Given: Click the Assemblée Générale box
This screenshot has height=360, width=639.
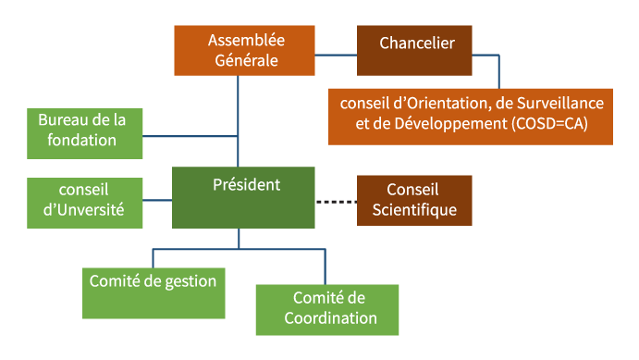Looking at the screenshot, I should [x=245, y=51].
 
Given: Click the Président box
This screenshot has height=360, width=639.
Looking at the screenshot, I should [x=243, y=197].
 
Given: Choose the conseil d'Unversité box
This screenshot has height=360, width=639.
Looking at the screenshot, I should [x=84, y=201].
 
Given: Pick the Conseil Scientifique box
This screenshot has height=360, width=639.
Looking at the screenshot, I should [x=414, y=200].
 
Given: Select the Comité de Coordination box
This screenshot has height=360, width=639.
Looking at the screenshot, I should [x=326, y=309].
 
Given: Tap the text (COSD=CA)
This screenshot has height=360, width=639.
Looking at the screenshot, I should [x=549, y=123].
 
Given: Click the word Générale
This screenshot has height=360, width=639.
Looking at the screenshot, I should [x=246, y=61].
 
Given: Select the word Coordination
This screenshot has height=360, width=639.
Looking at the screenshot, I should [x=329, y=318].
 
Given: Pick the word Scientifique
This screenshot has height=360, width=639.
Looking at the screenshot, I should [x=414, y=210].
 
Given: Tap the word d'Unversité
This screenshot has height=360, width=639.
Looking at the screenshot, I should [x=83, y=210].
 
